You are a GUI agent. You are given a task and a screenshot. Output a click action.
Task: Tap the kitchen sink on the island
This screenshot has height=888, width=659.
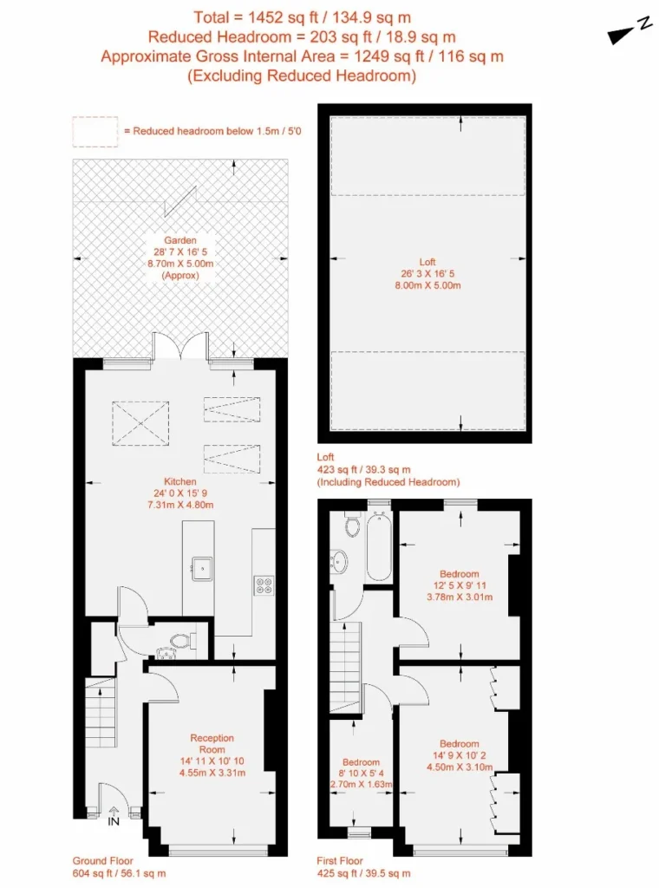point(201,569)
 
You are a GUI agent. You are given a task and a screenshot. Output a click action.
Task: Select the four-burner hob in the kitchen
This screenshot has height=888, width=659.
point(264,585)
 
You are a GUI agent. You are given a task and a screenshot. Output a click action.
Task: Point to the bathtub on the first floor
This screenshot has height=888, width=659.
point(379,546)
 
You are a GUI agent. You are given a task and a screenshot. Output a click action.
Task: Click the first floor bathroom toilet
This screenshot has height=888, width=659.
point(352,525)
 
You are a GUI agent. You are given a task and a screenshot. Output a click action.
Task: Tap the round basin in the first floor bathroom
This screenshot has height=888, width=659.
point(338,561)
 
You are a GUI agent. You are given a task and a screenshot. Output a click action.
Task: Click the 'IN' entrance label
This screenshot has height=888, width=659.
point(114,821)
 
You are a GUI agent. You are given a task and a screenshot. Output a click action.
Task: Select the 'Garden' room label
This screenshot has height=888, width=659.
point(180,240)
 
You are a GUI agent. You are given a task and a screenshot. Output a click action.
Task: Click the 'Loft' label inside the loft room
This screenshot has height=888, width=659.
point(427,262)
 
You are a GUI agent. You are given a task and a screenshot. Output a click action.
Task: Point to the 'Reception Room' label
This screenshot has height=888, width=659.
point(212,743)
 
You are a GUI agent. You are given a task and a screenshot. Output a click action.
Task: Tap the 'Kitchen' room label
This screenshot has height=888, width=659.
point(180,481)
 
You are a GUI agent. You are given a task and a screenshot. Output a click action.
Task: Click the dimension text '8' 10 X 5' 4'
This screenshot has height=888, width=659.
point(361,773)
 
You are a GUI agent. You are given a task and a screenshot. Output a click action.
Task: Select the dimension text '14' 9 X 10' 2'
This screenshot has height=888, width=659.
point(460,755)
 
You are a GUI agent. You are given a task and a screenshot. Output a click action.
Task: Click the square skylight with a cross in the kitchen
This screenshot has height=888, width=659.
point(140,423)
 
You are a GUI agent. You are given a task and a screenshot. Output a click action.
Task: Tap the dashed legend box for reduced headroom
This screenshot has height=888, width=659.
point(95,132)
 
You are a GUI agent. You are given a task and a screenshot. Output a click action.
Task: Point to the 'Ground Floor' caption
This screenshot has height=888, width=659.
point(102,861)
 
